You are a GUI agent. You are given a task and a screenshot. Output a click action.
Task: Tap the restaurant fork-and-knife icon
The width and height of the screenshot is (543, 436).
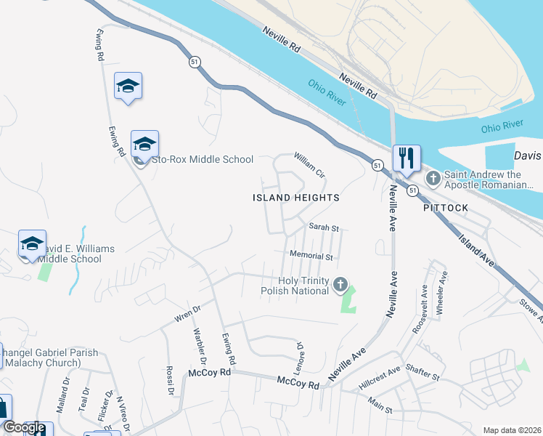[x=407, y=158]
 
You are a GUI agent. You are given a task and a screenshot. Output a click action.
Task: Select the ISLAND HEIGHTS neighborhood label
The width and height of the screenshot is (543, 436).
[x=295, y=198]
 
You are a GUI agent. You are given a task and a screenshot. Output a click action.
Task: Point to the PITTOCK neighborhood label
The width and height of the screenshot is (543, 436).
[x=446, y=207]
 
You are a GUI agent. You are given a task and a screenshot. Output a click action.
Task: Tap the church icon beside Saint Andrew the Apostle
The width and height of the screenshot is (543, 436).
[x=433, y=178]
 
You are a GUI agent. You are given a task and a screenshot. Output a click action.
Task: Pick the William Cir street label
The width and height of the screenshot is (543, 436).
[x=309, y=165]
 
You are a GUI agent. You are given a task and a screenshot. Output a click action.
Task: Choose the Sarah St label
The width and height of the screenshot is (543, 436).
[x=324, y=227]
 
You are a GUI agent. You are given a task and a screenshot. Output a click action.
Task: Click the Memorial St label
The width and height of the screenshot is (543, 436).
[x=311, y=256]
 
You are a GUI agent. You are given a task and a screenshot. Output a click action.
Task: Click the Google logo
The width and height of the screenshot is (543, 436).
[x=23, y=427]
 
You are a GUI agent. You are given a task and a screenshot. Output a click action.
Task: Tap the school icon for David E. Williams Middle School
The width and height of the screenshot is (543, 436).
[x=32, y=245]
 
